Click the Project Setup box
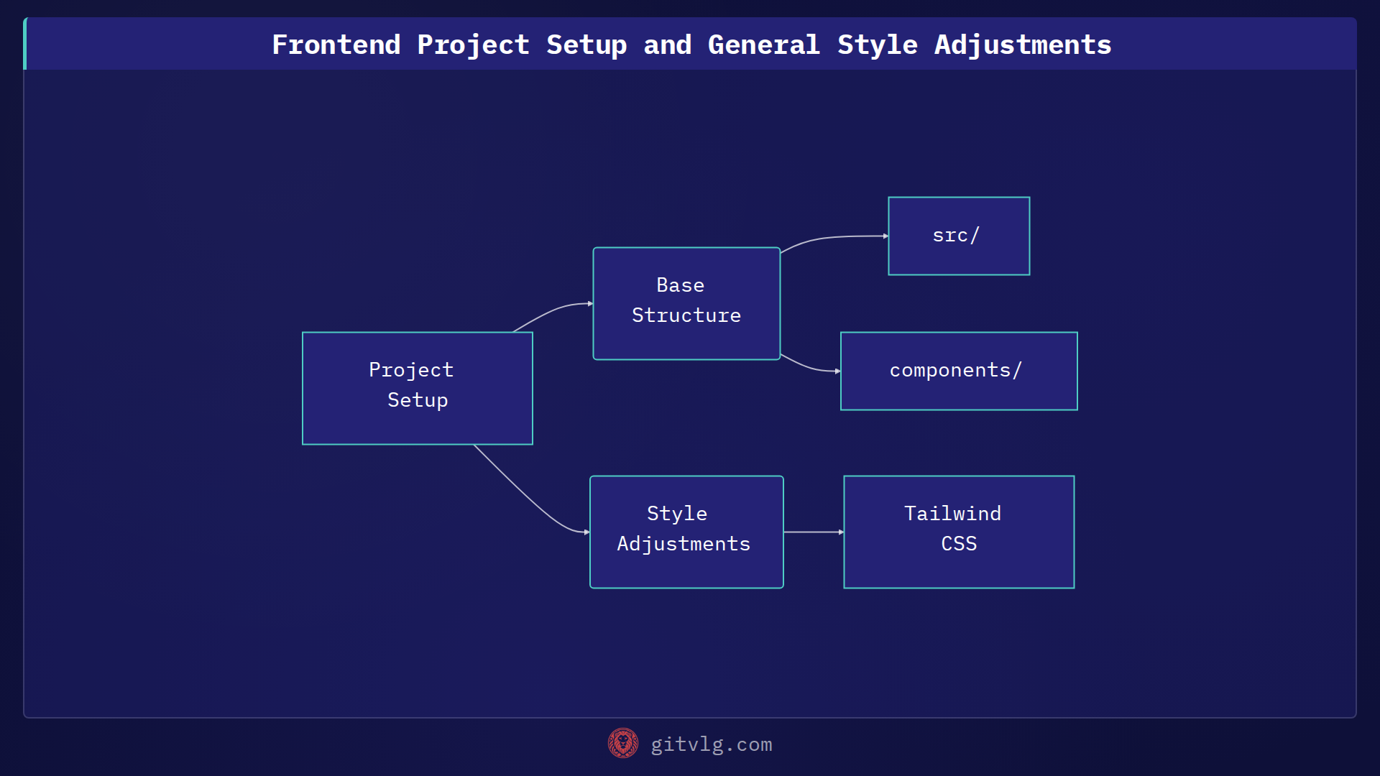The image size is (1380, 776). click(x=417, y=388)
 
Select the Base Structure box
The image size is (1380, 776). click(x=686, y=303)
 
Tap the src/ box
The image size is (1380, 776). click(x=959, y=236)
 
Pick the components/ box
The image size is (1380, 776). click(x=959, y=371)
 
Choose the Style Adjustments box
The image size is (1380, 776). click(x=686, y=532)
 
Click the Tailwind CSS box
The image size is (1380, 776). click(x=959, y=532)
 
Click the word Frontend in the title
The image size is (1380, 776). click(x=336, y=45)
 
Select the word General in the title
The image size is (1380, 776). click(x=763, y=45)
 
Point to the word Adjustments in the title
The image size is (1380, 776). click(x=1022, y=45)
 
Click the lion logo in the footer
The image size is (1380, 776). click(x=623, y=743)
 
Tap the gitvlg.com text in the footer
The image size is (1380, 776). click(x=711, y=744)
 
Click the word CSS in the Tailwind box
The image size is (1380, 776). click(x=959, y=544)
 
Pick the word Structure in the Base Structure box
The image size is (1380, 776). click(x=686, y=315)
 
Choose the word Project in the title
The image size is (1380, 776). click(x=473, y=45)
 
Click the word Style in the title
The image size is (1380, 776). click(x=877, y=45)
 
